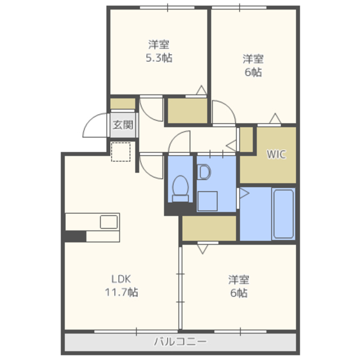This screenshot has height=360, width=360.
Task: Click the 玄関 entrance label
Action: (x=123, y=125)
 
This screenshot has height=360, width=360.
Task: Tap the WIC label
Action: (x=276, y=154)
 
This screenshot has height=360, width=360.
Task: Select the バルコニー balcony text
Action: (x=180, y=341)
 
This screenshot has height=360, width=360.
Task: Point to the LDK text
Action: (x=121, y=279)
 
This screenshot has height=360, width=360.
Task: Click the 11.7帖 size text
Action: (x=121, y=292)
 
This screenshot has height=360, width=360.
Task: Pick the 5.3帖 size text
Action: (x=159, y=57)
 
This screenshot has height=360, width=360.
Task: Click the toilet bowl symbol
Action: (x=180, y=188)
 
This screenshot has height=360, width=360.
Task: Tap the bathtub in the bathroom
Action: (x=283, y=214)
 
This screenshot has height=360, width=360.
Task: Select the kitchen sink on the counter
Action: (x=109, y=222)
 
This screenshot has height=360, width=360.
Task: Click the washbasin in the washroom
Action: (x=204, y=172)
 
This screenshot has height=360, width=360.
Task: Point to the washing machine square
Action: (x=208, y=201)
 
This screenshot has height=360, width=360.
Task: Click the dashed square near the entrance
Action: (x=121, y=152)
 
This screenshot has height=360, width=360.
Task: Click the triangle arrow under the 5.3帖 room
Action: (x=201, y=90)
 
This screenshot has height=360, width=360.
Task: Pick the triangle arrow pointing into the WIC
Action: (x=275, y=118)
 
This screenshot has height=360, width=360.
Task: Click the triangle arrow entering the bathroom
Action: (x=244, y=193)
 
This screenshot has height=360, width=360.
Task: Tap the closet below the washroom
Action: (x=209, y=228)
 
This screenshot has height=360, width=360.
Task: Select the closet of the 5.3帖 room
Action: (x=187, y=111)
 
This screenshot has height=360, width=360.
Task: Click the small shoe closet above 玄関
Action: (x=123, y=103)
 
